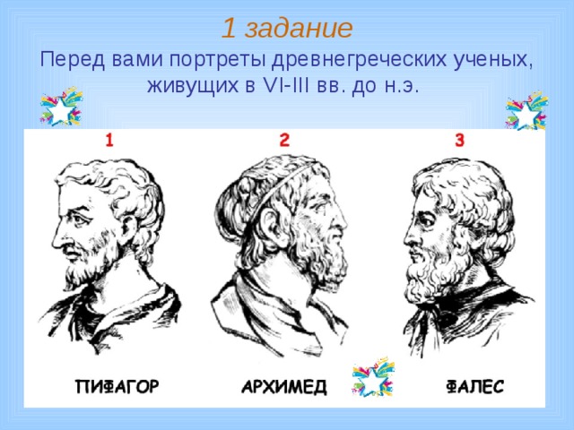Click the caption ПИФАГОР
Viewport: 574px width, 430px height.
point(117,387)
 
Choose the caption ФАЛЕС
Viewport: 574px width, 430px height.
point(474,387)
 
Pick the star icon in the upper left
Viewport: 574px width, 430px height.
point(58,109)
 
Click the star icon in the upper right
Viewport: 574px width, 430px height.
point(525,111)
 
